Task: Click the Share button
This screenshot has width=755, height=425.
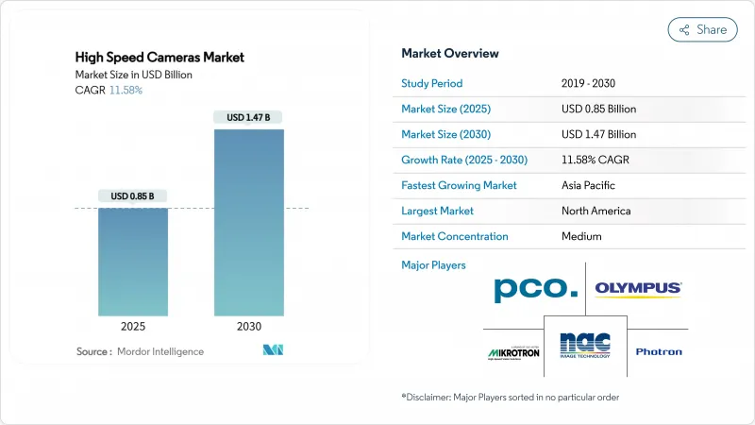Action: coord(702,29)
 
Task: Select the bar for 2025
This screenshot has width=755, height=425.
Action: coord(133,262)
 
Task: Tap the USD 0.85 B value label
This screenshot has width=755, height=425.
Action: coord(133,196)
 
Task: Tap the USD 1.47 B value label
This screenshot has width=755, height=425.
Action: coord(249,118)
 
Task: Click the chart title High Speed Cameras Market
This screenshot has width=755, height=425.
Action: coord(159,58)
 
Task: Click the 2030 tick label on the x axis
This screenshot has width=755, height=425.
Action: coord(249,326)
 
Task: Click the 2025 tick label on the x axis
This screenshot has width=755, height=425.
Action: coord(133,326)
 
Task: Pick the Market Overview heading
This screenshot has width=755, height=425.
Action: coord(450,53)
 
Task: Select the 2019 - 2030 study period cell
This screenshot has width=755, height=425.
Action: coord(596,83)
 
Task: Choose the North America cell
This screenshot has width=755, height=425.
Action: coord(596,211)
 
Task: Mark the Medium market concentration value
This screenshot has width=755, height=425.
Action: coord(581,236)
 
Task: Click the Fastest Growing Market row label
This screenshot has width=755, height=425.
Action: coord(459,185)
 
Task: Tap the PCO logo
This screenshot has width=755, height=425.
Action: coord(535,289)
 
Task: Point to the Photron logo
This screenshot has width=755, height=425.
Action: coord(659,352)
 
